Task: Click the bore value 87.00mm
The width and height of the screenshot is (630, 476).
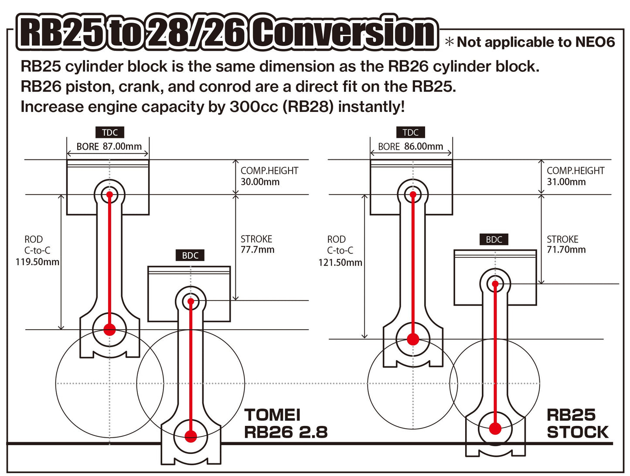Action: pos(122,147)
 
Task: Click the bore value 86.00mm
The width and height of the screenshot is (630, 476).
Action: pos(423,147)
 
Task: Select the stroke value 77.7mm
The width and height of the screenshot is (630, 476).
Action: pos(257,250)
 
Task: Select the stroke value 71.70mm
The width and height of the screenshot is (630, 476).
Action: pos(566,250)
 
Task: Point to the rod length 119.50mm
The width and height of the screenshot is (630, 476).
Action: pos(37,262)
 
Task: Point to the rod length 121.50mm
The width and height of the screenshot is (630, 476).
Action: pos(340,263)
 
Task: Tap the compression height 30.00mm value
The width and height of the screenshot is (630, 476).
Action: pos(260,182)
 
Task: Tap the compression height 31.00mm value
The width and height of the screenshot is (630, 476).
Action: pos(566,182)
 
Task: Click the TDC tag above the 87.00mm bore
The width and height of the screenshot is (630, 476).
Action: pos(110,132)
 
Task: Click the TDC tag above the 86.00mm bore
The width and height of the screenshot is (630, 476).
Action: pos(411,132)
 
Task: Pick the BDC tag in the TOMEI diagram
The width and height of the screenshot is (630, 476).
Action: pos(190,256)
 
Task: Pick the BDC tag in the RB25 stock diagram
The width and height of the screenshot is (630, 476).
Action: pos(494,240)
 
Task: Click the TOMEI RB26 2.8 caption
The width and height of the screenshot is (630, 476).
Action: pos(285,424)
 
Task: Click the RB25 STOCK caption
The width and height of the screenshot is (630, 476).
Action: pos(577,424)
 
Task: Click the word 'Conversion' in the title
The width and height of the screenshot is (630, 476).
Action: pos(344,33)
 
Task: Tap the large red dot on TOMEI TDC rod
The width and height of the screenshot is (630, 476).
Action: pos(109,329)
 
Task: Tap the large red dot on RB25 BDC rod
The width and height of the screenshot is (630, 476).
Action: pos(495,429)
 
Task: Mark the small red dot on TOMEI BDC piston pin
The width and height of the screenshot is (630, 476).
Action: pos(191,301)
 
